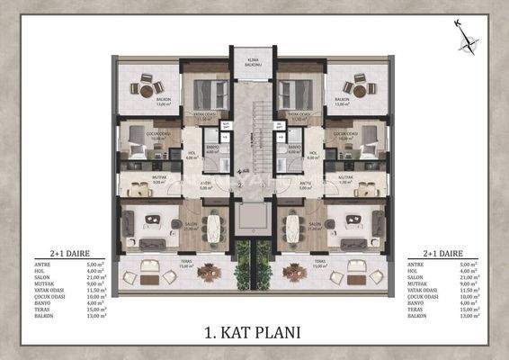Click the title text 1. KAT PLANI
[254, 331]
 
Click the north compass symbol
[466, 37]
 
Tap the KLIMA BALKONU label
[254, 62]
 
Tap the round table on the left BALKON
[147, 88]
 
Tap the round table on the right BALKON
[360, 88]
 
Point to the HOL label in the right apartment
[314, 156]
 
